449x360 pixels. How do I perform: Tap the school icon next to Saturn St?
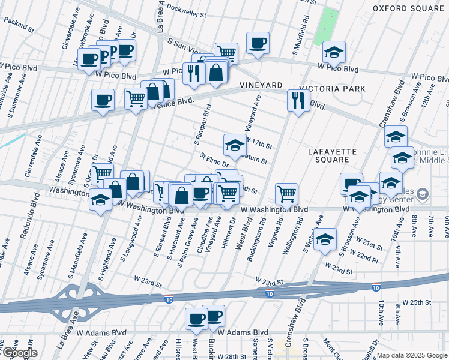tap(235, 144)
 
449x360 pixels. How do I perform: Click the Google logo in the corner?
tap(19, 353)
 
